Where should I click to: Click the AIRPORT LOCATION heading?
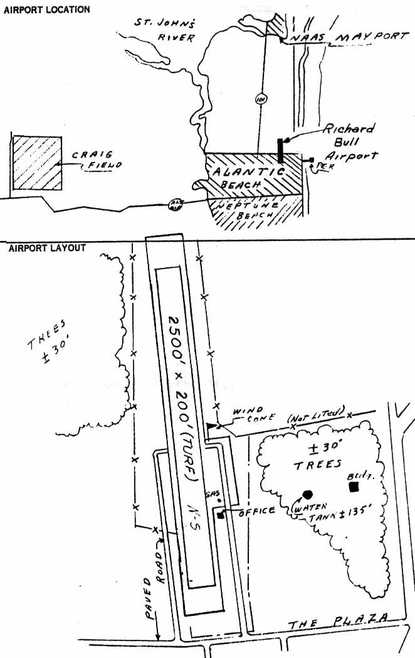pos(46,10)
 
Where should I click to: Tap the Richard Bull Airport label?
pos(350,142)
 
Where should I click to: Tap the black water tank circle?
pos(308,493)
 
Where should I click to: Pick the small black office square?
pos(221,515)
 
